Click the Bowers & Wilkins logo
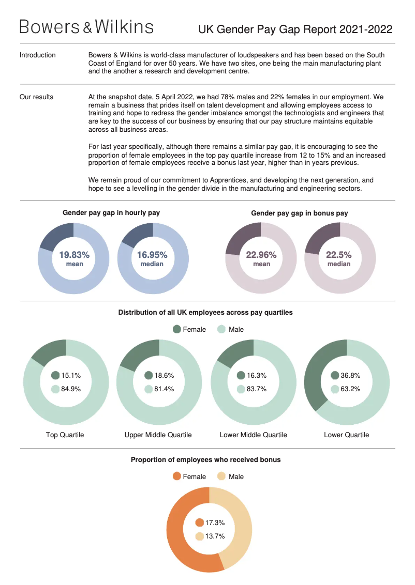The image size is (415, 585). tap(86, 27)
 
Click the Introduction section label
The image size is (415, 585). tap(38, 55)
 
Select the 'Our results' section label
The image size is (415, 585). tap(36, 97)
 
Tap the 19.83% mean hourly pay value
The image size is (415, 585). tap(74, 255)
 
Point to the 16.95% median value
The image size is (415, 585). tap(152, 255)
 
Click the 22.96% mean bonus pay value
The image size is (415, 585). tap(261, 255)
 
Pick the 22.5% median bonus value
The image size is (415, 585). tap(339, 255)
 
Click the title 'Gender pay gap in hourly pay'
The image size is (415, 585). tap(111, 212)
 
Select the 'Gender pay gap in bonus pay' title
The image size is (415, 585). tap(300, 213)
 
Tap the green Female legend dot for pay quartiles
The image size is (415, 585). tap(177, 329)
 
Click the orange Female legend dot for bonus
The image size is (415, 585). tap(177, 476)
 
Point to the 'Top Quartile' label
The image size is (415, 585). tap(65, 435)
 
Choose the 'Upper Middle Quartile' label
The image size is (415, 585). tap(158, 435)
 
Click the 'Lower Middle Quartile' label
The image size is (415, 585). tap(254, 435)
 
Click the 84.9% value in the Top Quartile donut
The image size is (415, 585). tap(71, 389)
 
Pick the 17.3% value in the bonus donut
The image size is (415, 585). tap(215, 523)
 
